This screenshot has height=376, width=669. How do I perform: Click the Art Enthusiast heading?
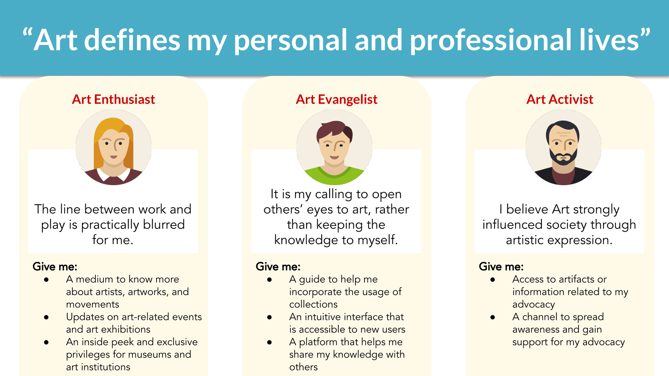[113, 100]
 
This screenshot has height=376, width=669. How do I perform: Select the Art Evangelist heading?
[337, 100]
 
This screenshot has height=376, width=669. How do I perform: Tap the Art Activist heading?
[560, 100]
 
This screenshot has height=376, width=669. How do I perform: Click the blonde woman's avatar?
[114, 147]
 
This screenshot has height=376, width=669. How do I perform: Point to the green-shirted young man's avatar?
[334, 147]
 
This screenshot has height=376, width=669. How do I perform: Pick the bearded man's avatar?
[563, 147]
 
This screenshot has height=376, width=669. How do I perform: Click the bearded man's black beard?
[563, 157]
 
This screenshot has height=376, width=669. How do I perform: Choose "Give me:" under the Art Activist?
[501, 267]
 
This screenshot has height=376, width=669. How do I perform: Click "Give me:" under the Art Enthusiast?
[55, 267]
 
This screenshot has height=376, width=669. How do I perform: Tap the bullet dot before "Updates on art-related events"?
[46, 317]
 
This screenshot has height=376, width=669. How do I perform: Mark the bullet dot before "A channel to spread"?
[493, 317]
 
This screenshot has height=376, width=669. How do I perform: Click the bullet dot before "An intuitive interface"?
[269, 317]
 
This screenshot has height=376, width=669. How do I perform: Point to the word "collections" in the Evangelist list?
[313, 304]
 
